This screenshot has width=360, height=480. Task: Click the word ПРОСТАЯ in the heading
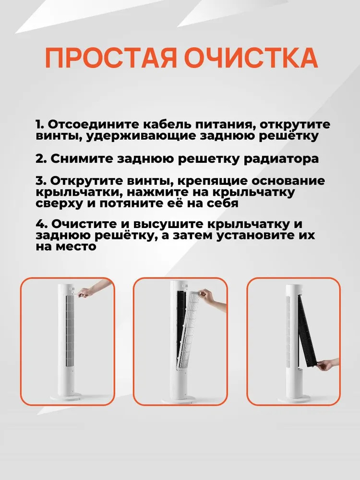pos(111,58)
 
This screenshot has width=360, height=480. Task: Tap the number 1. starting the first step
pos(40,125)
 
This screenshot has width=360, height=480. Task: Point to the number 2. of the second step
pos(41,159)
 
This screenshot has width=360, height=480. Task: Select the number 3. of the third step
pos(41,181)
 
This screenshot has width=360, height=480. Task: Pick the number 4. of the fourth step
pos(42,224)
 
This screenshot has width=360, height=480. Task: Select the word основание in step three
pos(288,181)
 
